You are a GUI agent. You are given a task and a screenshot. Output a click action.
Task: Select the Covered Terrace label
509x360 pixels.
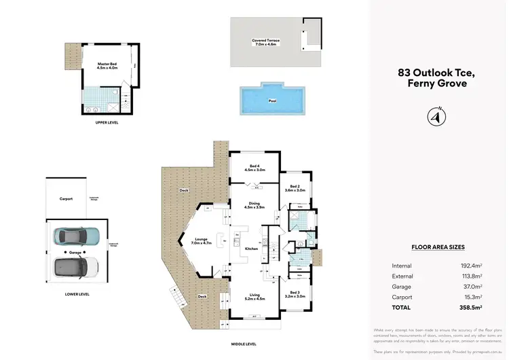coord(265,41)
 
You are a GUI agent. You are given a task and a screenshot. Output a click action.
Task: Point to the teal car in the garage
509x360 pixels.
coord(76,236)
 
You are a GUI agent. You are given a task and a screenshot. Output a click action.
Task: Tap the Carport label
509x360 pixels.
coord(66,198)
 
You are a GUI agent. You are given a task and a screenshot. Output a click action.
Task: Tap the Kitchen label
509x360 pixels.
coord(251,249)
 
